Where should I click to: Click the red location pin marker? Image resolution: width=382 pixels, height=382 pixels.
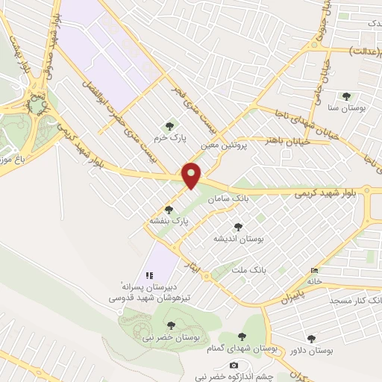(192, 175)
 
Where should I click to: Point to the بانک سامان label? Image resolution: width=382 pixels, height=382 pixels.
(228, 199)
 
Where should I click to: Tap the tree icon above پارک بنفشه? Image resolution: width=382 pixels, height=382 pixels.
(169, 210)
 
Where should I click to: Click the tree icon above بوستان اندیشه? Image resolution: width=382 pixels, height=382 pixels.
(239, 227)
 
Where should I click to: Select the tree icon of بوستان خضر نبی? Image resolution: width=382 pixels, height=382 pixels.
(171, 325)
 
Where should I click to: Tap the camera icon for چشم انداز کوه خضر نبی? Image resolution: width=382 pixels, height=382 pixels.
(234, 365)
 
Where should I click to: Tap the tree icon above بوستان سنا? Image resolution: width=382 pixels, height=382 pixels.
(346, 96)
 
